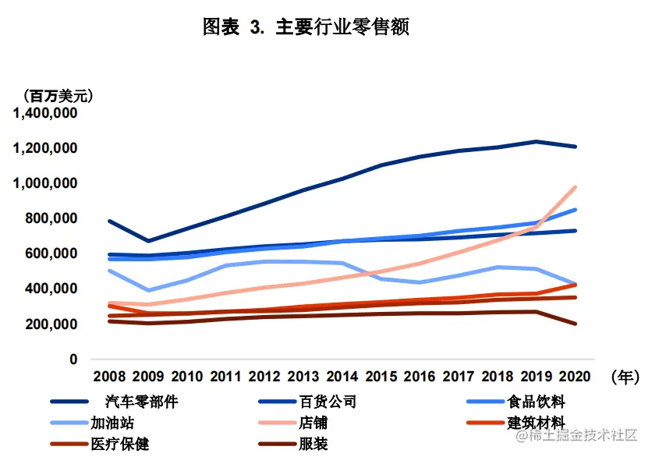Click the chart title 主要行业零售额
coord(306,27)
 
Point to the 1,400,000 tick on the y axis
coord(44,113)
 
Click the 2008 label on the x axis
coord(108,377)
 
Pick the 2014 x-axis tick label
coord(342,377)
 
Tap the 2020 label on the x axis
coord(576,377)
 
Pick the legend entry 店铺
coord(313,423)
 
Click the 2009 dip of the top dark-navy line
coord(147,241)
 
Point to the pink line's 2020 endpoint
coord(576,187)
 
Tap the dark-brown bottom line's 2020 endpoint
coord(576,324)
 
